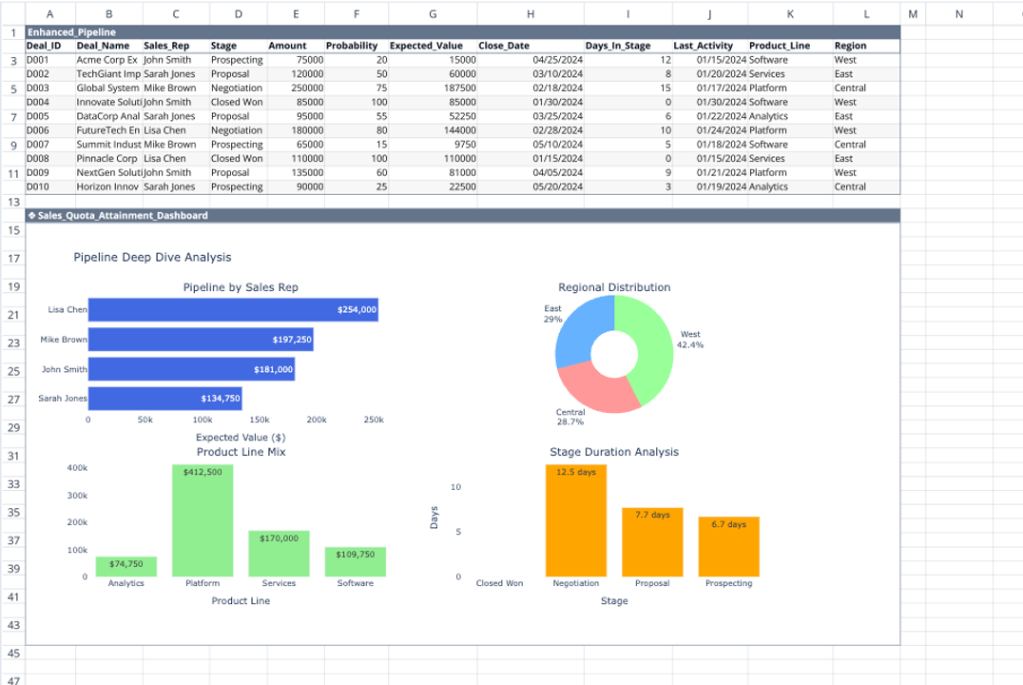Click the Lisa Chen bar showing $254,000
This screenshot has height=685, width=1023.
coord(233,309)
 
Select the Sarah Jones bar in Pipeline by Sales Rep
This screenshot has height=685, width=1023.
coord(164,399)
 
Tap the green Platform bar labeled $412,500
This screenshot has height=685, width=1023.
coord(203,519)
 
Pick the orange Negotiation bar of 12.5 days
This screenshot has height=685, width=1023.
coord(575,519)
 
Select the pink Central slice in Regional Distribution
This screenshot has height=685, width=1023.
coord(588,390)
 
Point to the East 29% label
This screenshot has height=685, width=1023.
coord(552,314)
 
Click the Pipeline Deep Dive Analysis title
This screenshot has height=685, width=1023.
coord(152,257)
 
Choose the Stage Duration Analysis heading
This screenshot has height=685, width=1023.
coord(614,452)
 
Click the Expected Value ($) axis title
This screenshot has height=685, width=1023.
coord(241,437)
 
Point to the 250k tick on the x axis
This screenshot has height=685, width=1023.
coord(374,420)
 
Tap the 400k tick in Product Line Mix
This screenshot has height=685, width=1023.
coord(78,468)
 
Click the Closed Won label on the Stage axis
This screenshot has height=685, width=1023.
coord(499,583)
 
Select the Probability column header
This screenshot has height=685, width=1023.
coord(351,46)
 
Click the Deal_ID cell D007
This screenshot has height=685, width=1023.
coord(38,145)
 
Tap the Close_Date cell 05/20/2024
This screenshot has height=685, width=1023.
coord(557,186)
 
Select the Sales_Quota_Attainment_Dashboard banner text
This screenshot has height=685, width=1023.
coord(123,216)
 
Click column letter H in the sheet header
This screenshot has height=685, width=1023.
coord(530,13)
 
